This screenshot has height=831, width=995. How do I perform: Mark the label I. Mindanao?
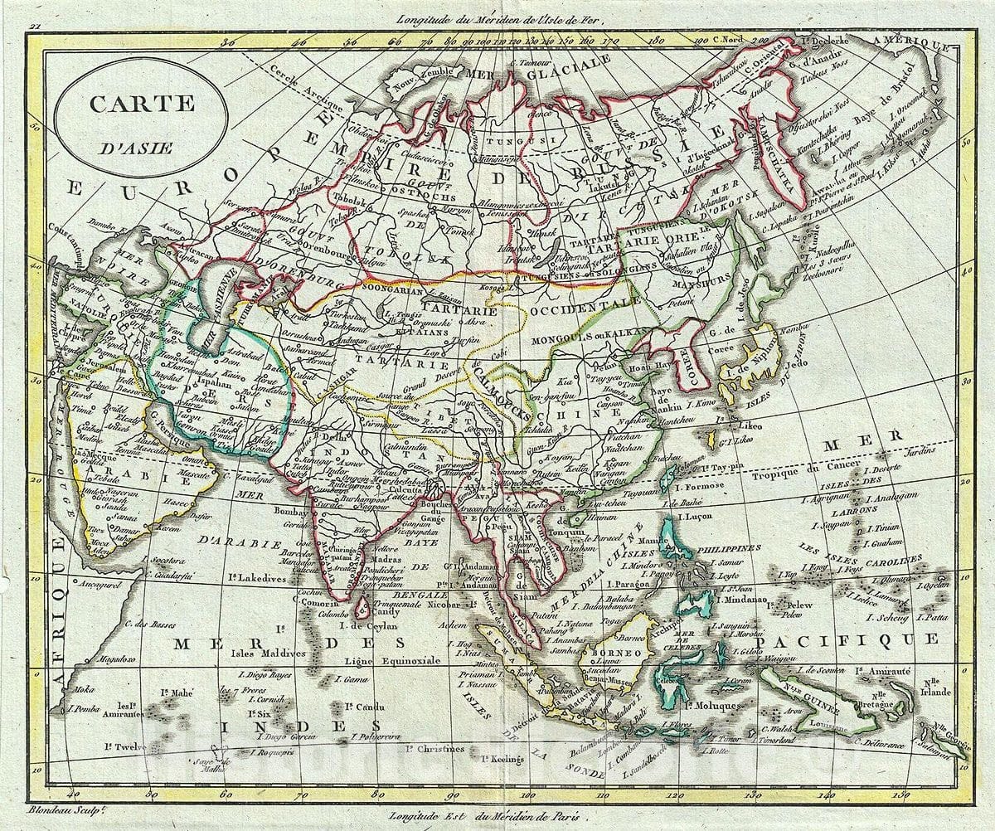[x=748, y=597]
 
